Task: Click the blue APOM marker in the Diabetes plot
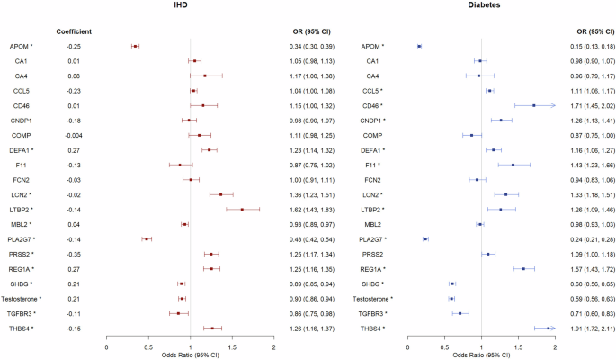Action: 420,46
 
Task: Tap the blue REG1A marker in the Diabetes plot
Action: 523,269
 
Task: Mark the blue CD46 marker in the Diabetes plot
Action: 534,105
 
